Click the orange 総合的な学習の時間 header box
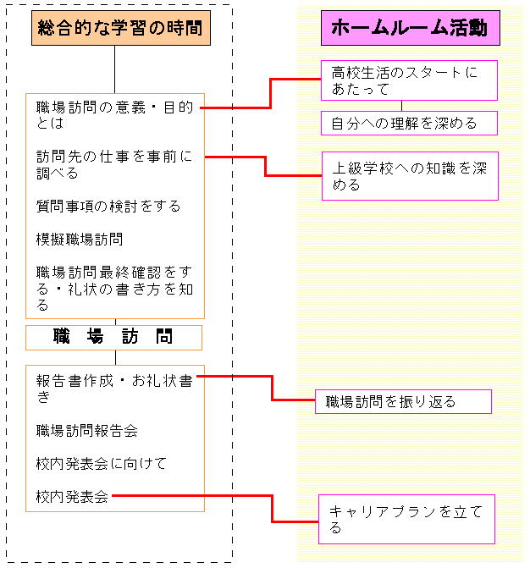121,28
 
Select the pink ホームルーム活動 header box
411,28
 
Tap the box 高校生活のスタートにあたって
410,80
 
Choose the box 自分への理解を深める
410,123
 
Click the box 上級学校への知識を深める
410,176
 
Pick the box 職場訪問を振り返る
403,401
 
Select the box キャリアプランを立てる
407,519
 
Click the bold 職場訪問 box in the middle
113,338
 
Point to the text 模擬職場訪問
80,239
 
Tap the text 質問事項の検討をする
108,206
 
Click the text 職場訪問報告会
87,430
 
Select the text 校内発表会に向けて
101,463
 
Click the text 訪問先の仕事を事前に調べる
114,165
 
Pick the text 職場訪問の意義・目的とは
114,115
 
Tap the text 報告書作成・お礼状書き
114,389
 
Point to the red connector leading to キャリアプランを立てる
272,507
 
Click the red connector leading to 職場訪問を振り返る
272,388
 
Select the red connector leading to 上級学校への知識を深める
265,166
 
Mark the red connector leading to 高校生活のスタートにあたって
270,93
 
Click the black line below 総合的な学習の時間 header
115,69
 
